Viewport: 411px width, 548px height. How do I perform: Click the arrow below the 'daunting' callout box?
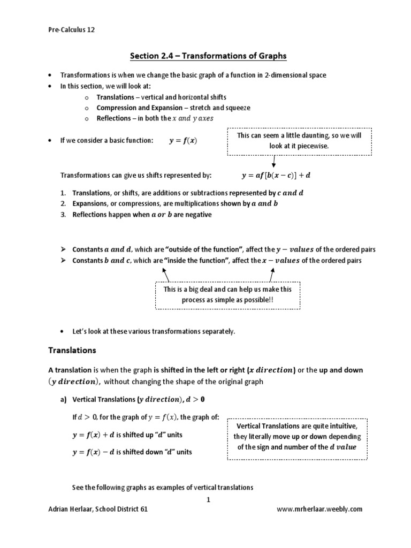(275, 162)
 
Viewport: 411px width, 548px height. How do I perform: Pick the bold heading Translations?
(72, 351)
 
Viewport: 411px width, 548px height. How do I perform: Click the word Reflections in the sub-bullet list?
(113, 118)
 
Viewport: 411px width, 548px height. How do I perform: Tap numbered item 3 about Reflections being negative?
(142, 215)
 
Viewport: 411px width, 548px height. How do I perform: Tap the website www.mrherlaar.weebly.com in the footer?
(319, 509)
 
